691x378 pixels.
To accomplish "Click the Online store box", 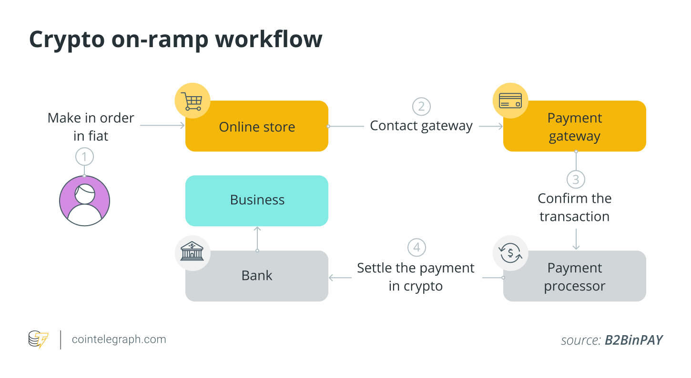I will click(x=257, y=127).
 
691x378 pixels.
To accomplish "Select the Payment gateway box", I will click(x=574, y=127).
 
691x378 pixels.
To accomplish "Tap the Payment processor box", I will click(x=574, y=277).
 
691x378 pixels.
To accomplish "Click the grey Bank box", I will click(x=257, y=276).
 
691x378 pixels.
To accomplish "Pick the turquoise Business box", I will click(x=257, y=200).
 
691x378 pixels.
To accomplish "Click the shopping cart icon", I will click(x=192, y=101).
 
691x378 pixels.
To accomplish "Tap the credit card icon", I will click(x=510, y=101).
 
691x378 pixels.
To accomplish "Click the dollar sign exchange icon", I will click(x=510, y=252).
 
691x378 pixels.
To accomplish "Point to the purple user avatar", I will click(x=84, y=200).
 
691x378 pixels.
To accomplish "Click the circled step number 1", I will click(x=84, y=156).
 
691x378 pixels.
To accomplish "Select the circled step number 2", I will click(x=421, y=106).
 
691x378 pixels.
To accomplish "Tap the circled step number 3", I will click(x=576, y=179).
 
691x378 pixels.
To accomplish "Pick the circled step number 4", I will click(x=417, y=248).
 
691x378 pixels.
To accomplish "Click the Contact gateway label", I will click(x=421, y=126).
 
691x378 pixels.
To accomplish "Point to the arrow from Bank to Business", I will click(x=257, y=238).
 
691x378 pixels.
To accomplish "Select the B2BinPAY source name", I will click(x=633, y=340).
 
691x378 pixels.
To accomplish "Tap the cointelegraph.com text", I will click(x=119, y=339).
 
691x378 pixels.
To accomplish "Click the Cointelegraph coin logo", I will click(x=38, y=339).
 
